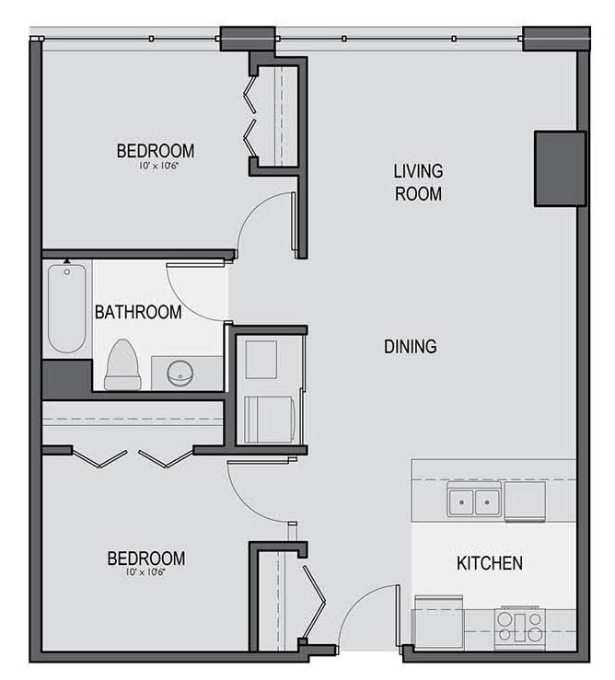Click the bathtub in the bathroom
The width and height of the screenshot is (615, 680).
[x=67, y=308]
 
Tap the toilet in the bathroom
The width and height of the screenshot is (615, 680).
[x=122, y=364]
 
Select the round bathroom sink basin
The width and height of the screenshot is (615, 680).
[x=180, y=373]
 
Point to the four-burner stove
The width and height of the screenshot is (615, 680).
[x=520, y=628]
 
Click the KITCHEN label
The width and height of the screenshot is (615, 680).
[x=490, y=563]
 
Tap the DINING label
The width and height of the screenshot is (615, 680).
[x=411, y=347]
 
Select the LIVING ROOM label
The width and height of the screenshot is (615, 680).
[x=418, y=182]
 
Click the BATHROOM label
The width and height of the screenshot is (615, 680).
[x=138, y=312]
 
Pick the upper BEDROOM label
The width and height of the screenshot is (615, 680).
[x=156, y=151]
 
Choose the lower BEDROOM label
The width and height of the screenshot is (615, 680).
[x=146, y=559]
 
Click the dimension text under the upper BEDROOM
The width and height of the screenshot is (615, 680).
[x=158, y=166]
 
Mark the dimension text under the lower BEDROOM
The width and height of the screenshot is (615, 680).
[x=145, y=572]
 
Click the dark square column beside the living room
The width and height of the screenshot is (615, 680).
[x=561, y=168]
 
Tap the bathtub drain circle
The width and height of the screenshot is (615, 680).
[x=67, y=272]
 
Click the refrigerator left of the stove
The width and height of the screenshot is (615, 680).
[x=439, y=623]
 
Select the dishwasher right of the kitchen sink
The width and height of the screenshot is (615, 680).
[x=525, y=501]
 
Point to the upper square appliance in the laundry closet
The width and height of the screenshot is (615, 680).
[x=261, y=360]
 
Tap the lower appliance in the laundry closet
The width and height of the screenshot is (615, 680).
[x=270, y=420]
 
